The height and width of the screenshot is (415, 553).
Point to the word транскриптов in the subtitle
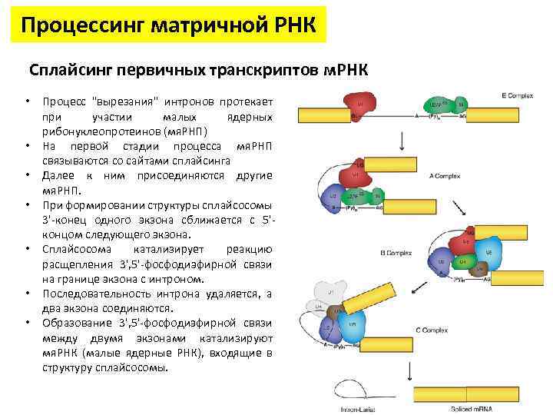tap(247, 70)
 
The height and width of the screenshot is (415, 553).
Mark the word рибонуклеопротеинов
tap(95, 131)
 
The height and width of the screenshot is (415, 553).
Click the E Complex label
tap(517, 96)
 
